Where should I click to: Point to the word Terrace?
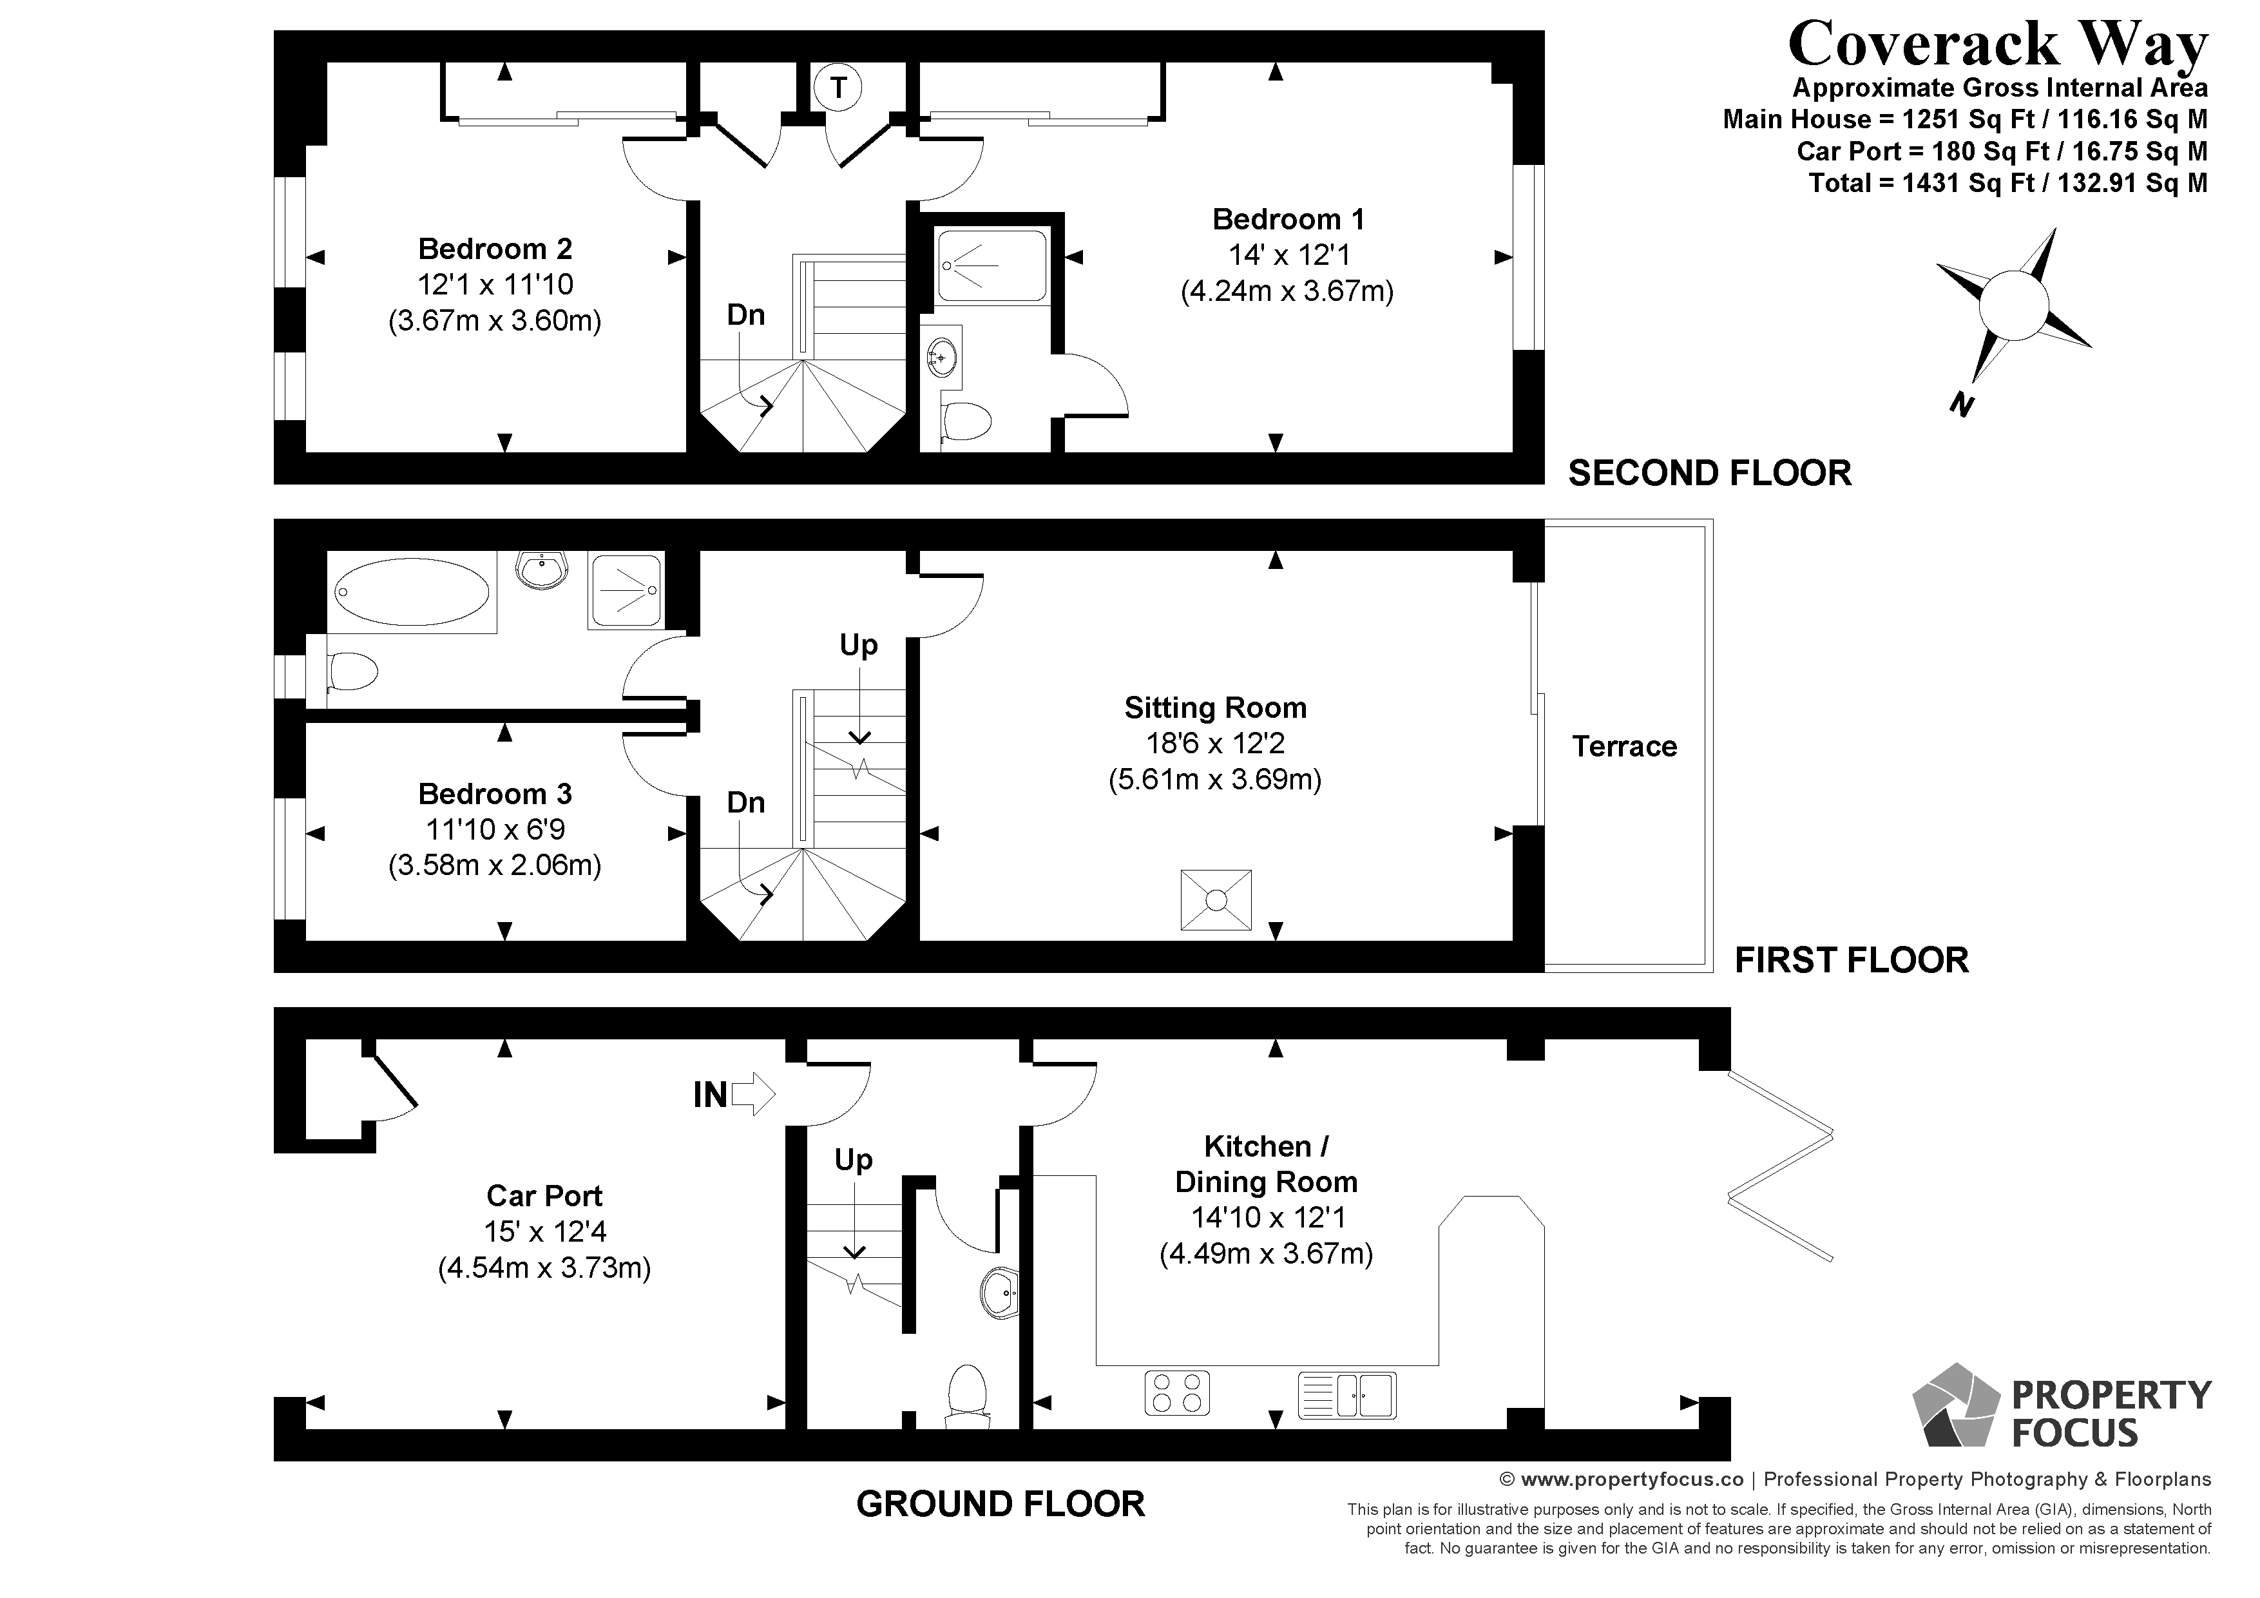(x=1624, y=746)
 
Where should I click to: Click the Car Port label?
(x=544, y=1195)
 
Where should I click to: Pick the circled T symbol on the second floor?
(x=838, y=88)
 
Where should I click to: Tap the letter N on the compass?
(x=1962, y=405)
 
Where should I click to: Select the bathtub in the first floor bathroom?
(x=412, y=592)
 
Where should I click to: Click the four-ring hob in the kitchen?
(x=1177, y=1393)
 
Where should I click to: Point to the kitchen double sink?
(x=1346, y=1394)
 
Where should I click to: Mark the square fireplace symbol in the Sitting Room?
(x=1216, y=899)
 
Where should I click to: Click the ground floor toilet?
(x=966, y=1395)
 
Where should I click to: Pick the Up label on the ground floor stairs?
(x=854, y=1160)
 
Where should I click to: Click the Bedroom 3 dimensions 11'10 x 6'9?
(x=495, y=829)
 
